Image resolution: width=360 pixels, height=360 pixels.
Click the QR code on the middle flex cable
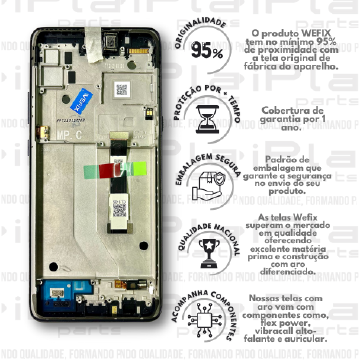118,208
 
